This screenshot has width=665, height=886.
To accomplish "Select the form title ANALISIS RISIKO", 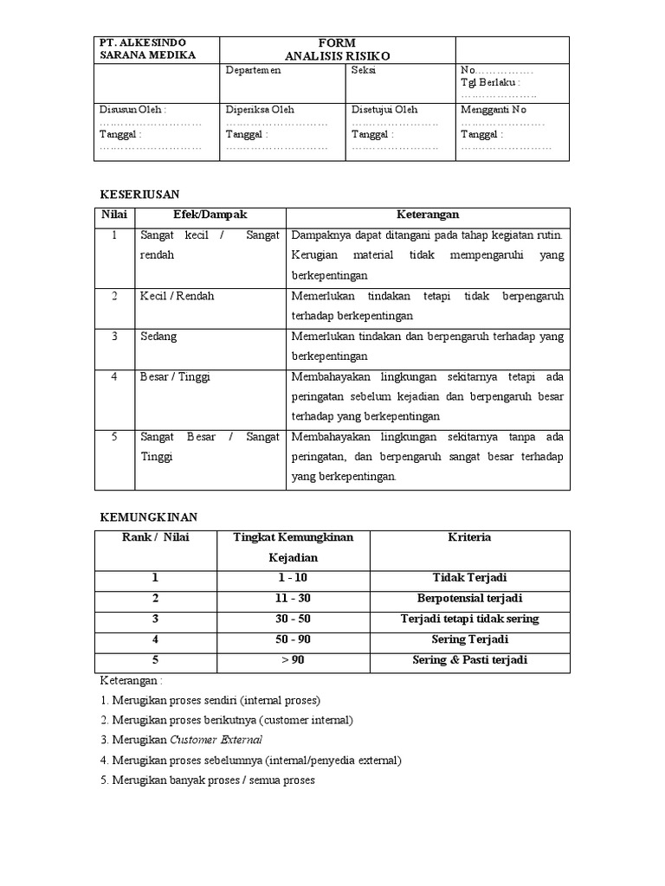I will pyautogui.click(x=337, y=55).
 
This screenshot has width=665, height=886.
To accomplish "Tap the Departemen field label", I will pyautogui.click(x=254, y=71).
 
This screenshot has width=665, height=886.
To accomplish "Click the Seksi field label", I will pyautogui.click(x=364, y=71).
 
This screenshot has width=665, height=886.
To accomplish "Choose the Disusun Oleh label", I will pyautogui.click(x=132, y=110).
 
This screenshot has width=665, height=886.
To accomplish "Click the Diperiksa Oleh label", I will pyautogui.click(x=260, y=110).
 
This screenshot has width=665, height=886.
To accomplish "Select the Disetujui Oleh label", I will pyautogui.click(x=384, y=110).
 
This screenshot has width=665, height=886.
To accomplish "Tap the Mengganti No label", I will pyautogui.click(x=494, y=110).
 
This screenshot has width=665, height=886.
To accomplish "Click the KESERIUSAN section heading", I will pyautogui.click(x=140, y=196).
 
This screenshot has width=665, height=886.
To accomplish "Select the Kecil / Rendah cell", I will pyautogui.click(x=177, y=296).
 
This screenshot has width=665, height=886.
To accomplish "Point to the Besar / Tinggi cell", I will pyautogui.click(x=175, y=377).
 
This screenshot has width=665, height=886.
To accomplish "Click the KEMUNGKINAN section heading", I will pyautogui.click(x=149, y=517).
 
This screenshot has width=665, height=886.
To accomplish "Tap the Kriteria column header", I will pyautogui.click(x=470, y=537).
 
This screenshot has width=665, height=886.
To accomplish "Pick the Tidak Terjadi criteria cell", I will pyautogui.click(x=470, y=578).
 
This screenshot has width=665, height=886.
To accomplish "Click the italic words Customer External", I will pyautogui.click(x=216, y=740).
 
